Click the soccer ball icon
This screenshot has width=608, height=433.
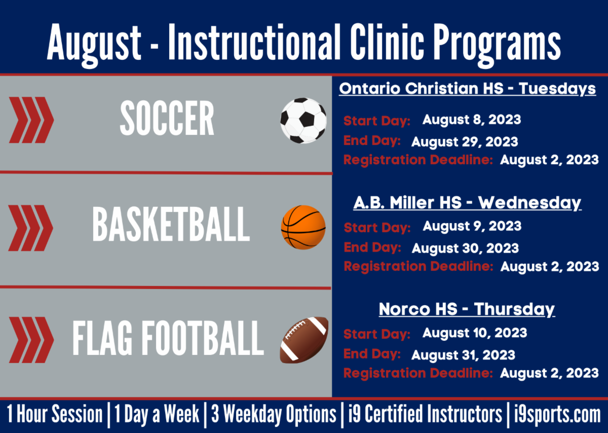click(303, 121)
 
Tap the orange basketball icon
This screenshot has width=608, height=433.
click(303, 227)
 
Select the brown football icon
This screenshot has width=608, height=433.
click(305, 340)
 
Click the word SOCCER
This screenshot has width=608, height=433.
click(167, 118)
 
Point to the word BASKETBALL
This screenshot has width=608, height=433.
click(171, 225)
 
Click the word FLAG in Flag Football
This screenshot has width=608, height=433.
click(102, 338)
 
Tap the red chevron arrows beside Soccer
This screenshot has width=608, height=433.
click(31, 120)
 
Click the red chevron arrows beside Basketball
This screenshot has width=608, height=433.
click(31, 228)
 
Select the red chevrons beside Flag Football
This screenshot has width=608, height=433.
click(31, 340)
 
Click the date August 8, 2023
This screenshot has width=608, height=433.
click(472, 120)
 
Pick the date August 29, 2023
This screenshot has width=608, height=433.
click(465, 142)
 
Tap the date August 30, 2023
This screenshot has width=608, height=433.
click(465, 248)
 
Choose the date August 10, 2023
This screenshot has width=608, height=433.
click(475, 333)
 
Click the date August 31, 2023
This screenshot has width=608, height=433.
click(463, 355)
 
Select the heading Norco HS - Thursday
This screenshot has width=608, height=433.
click(467, 310)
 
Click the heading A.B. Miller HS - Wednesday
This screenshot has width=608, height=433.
click(467, 203)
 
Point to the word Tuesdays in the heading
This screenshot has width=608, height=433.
click(557, 89)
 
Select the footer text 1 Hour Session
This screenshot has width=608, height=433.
click(55, 414)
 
